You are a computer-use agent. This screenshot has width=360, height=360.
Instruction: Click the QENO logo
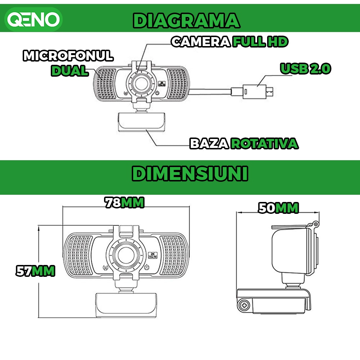(34, 19)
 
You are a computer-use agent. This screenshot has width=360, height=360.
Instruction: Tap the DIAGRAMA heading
(186, 21)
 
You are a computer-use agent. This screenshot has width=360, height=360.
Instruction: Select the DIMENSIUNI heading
(190, 174)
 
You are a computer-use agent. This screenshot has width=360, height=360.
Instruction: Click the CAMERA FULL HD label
(230, 42)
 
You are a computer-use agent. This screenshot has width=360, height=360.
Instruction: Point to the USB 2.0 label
(305, 68)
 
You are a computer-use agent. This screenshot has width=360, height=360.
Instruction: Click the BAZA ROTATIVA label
(244, 143)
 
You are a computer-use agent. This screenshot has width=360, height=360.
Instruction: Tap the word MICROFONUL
(68, 56)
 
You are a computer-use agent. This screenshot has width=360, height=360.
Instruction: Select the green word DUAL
(69, 71)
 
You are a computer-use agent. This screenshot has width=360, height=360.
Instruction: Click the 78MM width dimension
(125, 203)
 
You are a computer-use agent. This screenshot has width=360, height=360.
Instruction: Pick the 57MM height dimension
(35, 271)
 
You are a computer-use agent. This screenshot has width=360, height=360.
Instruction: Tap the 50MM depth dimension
(278, 208)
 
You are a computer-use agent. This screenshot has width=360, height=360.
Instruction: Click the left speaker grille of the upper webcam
(104, 83)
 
